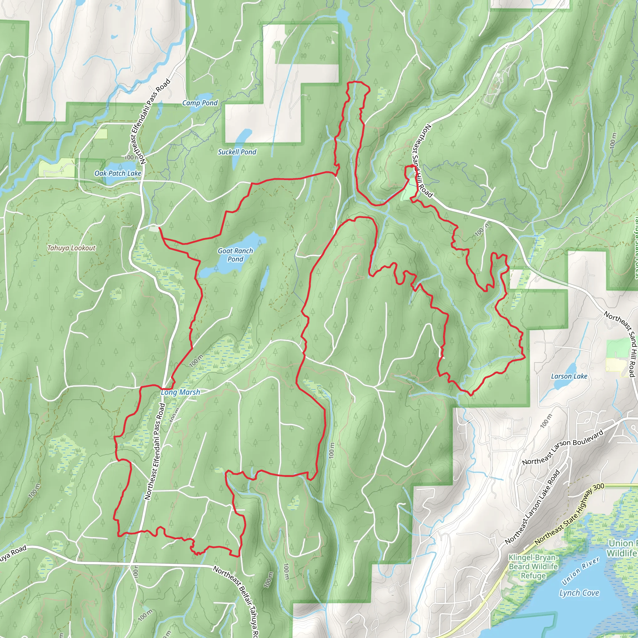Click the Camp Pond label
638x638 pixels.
(200, 103)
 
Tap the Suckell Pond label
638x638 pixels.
(237, 152)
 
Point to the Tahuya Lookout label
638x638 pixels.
(71, 248)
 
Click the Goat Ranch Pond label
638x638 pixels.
(235, 255)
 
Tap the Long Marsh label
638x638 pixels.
(180, 392)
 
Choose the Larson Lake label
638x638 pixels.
(569, 376)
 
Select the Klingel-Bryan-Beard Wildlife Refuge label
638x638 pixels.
(534, 567)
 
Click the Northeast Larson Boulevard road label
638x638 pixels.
(562, 447)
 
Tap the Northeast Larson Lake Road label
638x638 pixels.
(532, 507)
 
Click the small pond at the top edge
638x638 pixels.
(343, 18)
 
